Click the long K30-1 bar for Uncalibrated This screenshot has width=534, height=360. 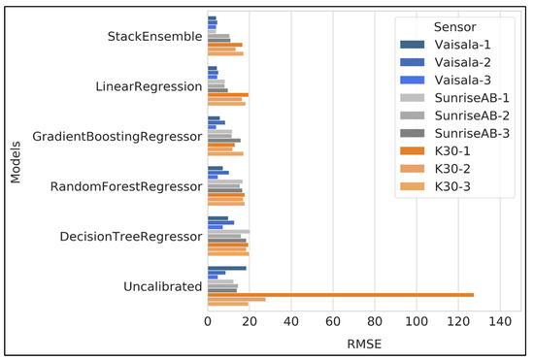[x=340, y=294]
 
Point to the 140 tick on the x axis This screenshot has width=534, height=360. [x=500, y=321]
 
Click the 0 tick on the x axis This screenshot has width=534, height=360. [x=208, y=321]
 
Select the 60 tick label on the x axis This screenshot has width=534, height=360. [x=333, y=321]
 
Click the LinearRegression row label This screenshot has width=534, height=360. [x=149, y=86]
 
